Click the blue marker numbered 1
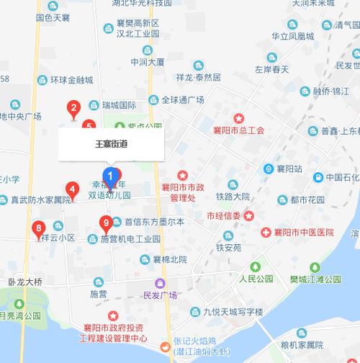click(x=110, y=175)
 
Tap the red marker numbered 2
click(x=73, y=109)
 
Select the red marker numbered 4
click(x=72, y=190)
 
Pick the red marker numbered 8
click(x=38, y=230)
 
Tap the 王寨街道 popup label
click(x=112, y=143)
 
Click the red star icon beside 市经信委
click(x=249, y=215)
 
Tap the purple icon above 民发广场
click(x=164, y=282)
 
